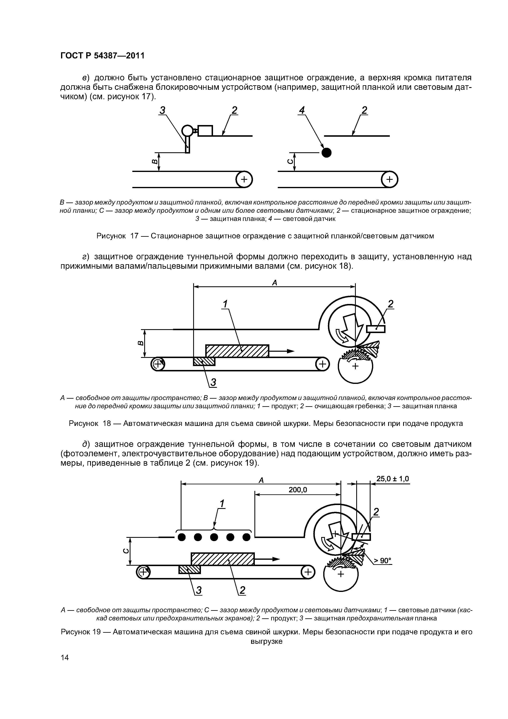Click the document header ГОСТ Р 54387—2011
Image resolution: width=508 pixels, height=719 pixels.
(x=102, y=56)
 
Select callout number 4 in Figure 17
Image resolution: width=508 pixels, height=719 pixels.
(x=302, y=110)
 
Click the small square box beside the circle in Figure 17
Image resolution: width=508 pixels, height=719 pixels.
(x=205, y=130)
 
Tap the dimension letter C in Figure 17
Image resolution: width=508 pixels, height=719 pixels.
(x=290, y=162)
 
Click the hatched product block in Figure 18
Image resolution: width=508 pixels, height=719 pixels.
(x=237, y=351)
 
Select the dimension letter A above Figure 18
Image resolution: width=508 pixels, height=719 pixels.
(x=274, y=283)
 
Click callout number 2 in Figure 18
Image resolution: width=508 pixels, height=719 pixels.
(x=390, y=304)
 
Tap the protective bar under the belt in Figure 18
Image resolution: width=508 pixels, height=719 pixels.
(x=204, y=361)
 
